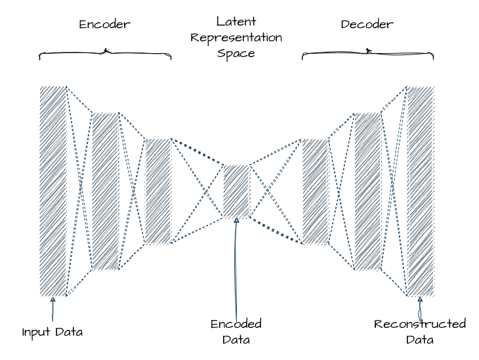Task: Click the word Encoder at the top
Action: [x=105, y=25]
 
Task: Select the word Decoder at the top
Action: [x=367, y=25]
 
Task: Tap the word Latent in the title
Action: [x=236, y=22]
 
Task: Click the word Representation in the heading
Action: [x=236, y=38]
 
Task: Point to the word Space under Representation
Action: [x=236, y=53]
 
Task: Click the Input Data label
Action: [x=52, y=332]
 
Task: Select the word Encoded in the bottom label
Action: [x=236, y=324]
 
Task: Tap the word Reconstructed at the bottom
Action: [x=420, y=324]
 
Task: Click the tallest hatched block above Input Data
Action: [x=53, y=191]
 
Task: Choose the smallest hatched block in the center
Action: [x=236, y=191]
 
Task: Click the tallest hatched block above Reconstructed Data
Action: [x=421, y=191]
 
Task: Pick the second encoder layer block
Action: [x=105, y=191]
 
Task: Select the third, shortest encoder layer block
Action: [x=157, y=191]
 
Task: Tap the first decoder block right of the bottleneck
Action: [x=315, y=191]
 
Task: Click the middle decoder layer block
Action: [x=367, y=191]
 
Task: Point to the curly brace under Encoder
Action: [x=105, y=52]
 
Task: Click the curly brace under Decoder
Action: [x=367, y=52]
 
